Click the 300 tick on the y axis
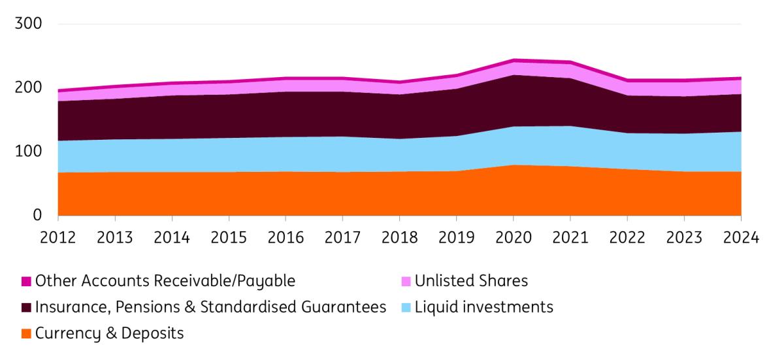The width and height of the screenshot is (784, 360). pos(28,25)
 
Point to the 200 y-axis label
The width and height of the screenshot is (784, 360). pos(28,88)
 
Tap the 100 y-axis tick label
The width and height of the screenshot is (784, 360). pos(28,152)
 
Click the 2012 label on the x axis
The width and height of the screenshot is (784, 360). pos(58,237)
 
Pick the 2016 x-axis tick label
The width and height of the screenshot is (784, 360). pos(286,237)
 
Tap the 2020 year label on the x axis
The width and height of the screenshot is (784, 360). pos(513,237)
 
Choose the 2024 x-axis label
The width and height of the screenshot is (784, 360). pos(740,237)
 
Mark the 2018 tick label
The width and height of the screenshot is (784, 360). pos(399,237)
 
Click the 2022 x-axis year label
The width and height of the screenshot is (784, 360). pos(627,237)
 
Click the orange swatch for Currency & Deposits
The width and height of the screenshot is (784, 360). pos(25,334)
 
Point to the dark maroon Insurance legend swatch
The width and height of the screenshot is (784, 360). pos(25,308)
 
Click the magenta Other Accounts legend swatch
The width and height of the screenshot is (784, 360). pos(25,282)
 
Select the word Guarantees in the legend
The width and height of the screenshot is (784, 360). pos(346,308)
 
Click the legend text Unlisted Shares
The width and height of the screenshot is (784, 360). pos(471,282)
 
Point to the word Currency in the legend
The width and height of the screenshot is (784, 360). pos(67,334)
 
